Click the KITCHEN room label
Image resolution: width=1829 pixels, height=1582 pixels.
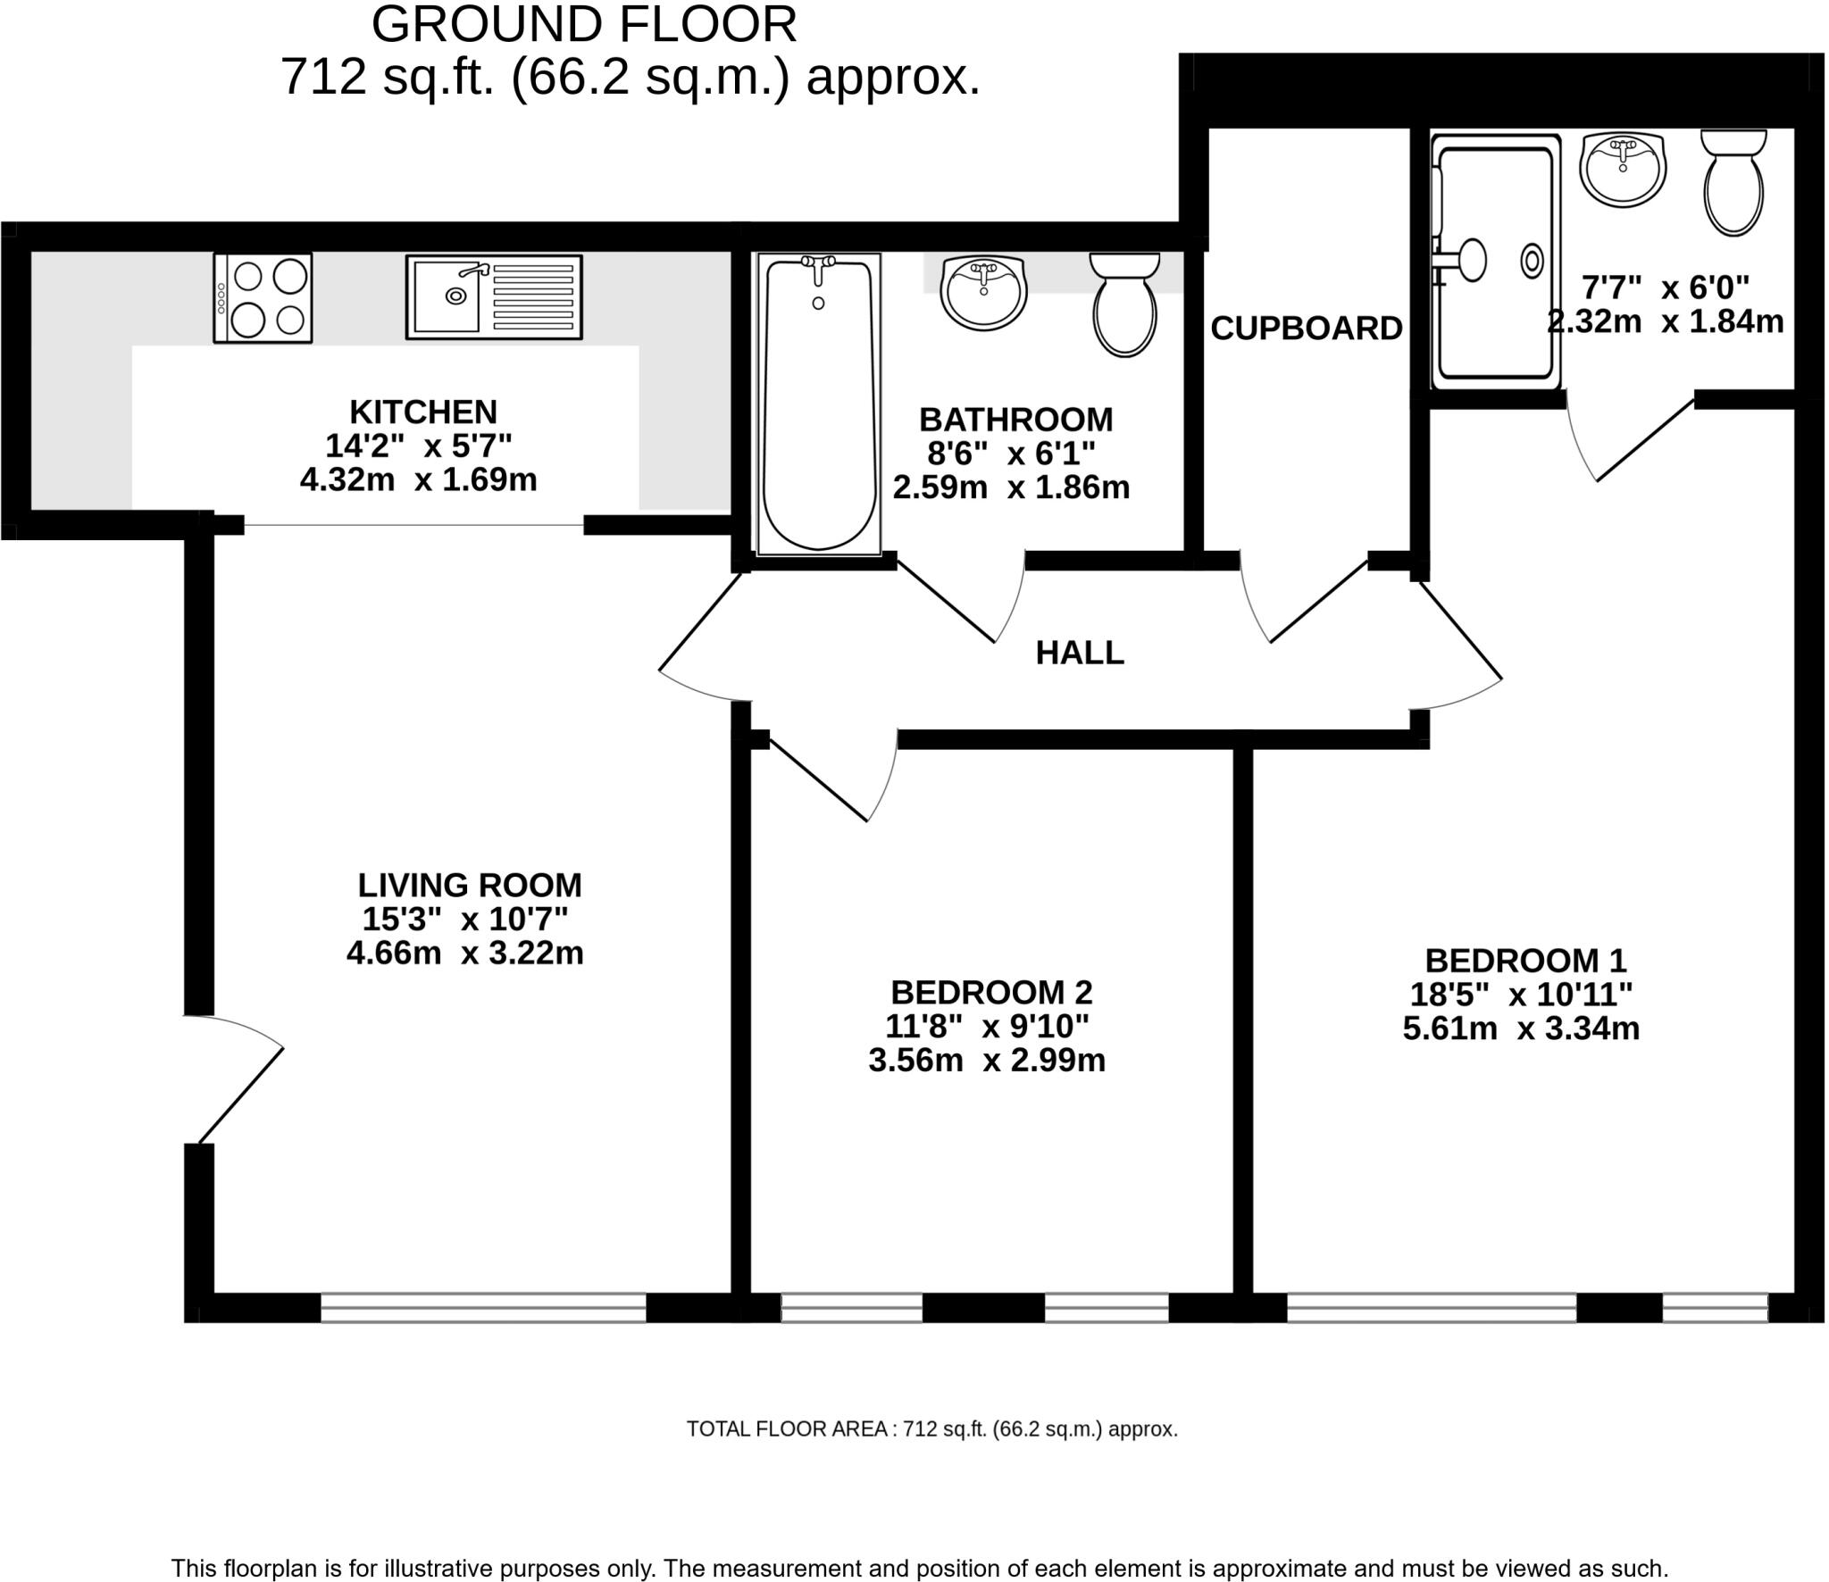pyautogui.click(x=423, y=412)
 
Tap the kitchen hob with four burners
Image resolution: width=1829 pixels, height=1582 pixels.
pyautogui.click(x=263, y=298)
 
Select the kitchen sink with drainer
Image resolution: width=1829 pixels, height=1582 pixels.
pyautogui.click(x=494, y=297)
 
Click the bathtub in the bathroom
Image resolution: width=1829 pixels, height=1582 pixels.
pyautogui.click(x=819, y=404)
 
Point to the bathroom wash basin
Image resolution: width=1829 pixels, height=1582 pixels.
pyautogui.click(x=984, y=292)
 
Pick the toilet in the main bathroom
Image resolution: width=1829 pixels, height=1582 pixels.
pyautogui.click(x=1125, y=304)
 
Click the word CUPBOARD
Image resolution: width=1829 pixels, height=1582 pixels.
pyautogui.click(x=1307, y=329)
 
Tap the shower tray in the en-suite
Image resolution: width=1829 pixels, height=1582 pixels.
pyautogui.click(x=1496, y=262)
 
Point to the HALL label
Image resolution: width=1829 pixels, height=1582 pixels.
pyautogui.click(x=1080, y=654)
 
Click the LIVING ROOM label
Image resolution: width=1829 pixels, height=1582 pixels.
pyautogui.click(x=470, y=886)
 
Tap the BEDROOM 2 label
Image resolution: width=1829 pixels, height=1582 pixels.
pyautogui.click(x=991, y=993)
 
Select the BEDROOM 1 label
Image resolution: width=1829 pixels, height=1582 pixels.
pyautogui.click(x=1526, y=961)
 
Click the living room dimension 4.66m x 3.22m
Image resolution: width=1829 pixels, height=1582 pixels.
pyautogui.click(x=465, y=953)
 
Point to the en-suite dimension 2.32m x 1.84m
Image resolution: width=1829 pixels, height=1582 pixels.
pyautogui.click(x=1666, y=321)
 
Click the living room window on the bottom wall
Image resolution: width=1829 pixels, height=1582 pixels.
pyautogui.click(x=483, y=1308)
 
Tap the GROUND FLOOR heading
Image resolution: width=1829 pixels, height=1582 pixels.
pyautogui.click(x=584, y=25)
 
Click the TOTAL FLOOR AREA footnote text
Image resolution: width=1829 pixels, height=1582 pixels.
pyautogui.click(x=932, y=1429)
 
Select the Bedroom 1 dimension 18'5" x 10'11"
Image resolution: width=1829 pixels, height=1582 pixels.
pyautogui.click(x=1522, y=995)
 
